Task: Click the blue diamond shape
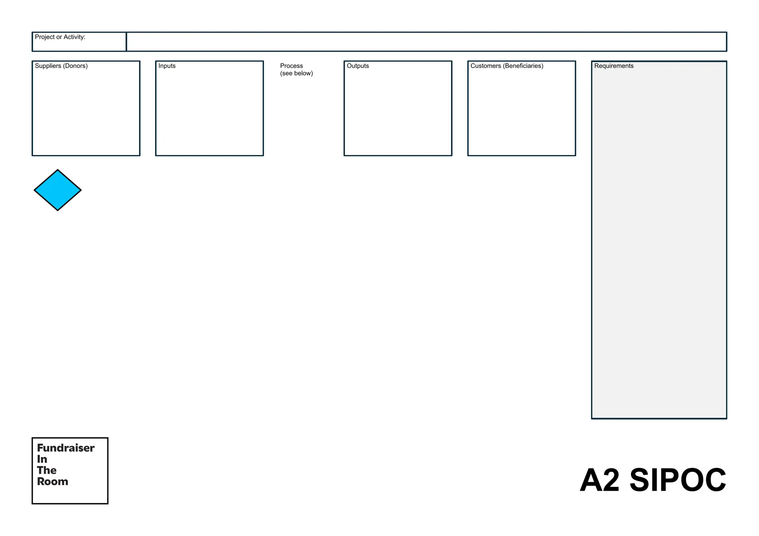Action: tap(58, 190)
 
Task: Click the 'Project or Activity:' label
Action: tap(60, 37)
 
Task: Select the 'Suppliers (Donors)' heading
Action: tap(61, 66)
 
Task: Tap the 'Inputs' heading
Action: tap(167, 66)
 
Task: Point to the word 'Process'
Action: tap(291, 66)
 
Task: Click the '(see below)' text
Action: tap(296, 74)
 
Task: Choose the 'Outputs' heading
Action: tap(358, 66)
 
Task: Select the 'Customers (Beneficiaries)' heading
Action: tap(507, 66)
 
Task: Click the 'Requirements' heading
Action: tap(614, 66)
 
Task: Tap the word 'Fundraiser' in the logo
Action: tap(66, 448)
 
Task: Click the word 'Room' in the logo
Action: tap(53, 481)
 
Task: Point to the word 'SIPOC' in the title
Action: tap(678, 480)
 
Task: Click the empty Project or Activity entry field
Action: tap(427, 42)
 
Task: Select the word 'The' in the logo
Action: tap(47, 470)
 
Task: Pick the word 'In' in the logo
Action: tap(42, 459)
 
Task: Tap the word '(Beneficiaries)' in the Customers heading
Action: tap(523, 66)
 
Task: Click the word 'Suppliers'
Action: tap(48, 66)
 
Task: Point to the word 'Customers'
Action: tap(486, 66)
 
